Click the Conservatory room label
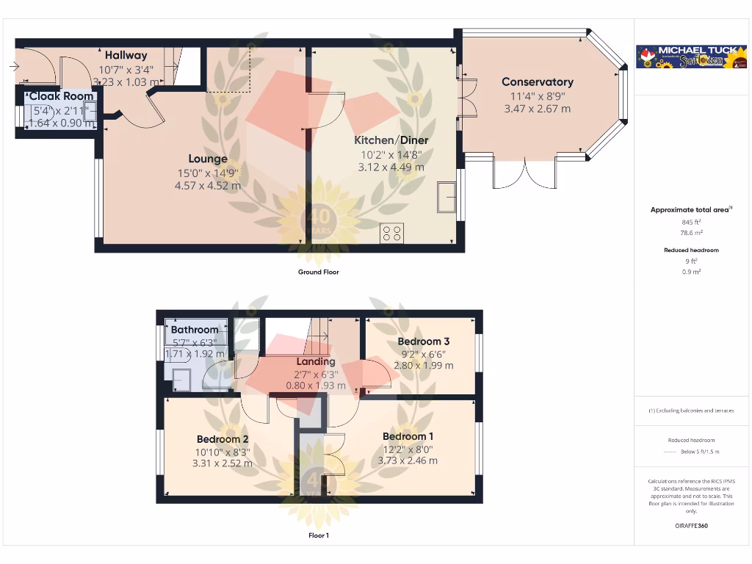coord(537,82)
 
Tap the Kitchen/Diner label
coord(391,140)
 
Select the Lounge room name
coord(208,159)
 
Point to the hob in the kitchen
coord(392,234)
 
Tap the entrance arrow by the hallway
coord(15,67)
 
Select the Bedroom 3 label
coord(423,341)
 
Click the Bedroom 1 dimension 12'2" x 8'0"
coord(408,449)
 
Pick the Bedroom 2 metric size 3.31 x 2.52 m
coord(222,463)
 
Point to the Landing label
coord(316,361)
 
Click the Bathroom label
coord(195,330)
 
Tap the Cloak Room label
coord(62,96)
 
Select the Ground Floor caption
coord(318,272)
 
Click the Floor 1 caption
coord(318,535)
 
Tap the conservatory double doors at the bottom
coord(525,173)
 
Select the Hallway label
coord(126,55)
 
